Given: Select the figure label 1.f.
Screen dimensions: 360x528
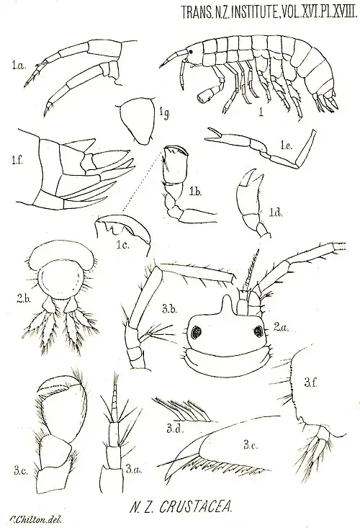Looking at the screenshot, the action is (15, 161).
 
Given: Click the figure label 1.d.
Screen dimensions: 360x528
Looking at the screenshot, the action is (276, 212).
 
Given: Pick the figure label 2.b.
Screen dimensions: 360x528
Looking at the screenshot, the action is (24, 299).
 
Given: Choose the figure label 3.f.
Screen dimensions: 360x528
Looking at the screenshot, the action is (310, 382).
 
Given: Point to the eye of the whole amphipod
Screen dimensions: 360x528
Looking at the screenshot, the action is (191, 52).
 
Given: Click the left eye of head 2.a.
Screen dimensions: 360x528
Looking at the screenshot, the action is (195, 333).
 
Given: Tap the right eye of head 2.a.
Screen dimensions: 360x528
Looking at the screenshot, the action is (258, 331).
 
